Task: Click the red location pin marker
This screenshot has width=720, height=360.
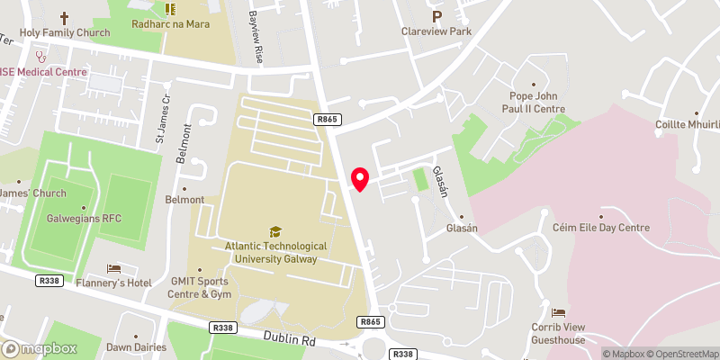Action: tap(360, 178)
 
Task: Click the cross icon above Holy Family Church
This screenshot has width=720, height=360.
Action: tap(64, 18)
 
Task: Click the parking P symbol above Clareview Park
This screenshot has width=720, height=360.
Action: tap(437, 16)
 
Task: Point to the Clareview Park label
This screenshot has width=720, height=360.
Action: tap(437, 31)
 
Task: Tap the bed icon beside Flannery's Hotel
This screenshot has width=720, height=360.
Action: tap(113, 268)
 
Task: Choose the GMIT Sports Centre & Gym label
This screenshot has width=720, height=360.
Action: tap(202, 287)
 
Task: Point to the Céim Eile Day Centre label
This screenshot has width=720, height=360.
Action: tap(600, 229)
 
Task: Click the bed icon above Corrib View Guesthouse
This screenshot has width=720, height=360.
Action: tap(558, 311)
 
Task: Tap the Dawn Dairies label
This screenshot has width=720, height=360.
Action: tap(132, 346)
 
